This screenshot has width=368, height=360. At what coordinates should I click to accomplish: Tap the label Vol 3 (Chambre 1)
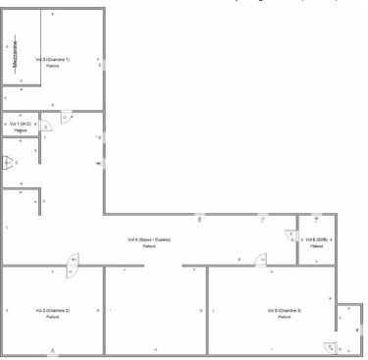[x=52, y=60]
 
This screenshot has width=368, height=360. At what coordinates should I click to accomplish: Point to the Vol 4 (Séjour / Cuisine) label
[x=149, y=239]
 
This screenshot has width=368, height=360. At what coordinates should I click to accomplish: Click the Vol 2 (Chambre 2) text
[x=52, y=310]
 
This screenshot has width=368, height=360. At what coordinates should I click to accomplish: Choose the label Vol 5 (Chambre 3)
[x=285, y=310]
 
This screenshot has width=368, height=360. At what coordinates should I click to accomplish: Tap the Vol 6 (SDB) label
[x=316, y=239]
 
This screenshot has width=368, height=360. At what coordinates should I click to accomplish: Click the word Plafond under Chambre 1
[x=52, y=67]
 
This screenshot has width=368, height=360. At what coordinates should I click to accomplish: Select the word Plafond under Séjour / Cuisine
[x=149, y=246]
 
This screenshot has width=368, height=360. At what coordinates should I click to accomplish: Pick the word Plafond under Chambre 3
[x=285, y=317]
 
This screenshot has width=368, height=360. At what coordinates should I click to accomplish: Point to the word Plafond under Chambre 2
[x=52, y=317]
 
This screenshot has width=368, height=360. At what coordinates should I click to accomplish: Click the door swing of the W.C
[x=45, y=126]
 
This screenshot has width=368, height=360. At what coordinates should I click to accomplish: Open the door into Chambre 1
[x=66, y=116]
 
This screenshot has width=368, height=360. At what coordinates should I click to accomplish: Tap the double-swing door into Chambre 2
[x=73, y=261]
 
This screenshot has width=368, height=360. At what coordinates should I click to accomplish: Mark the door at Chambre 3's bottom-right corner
[x=328, y=344]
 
